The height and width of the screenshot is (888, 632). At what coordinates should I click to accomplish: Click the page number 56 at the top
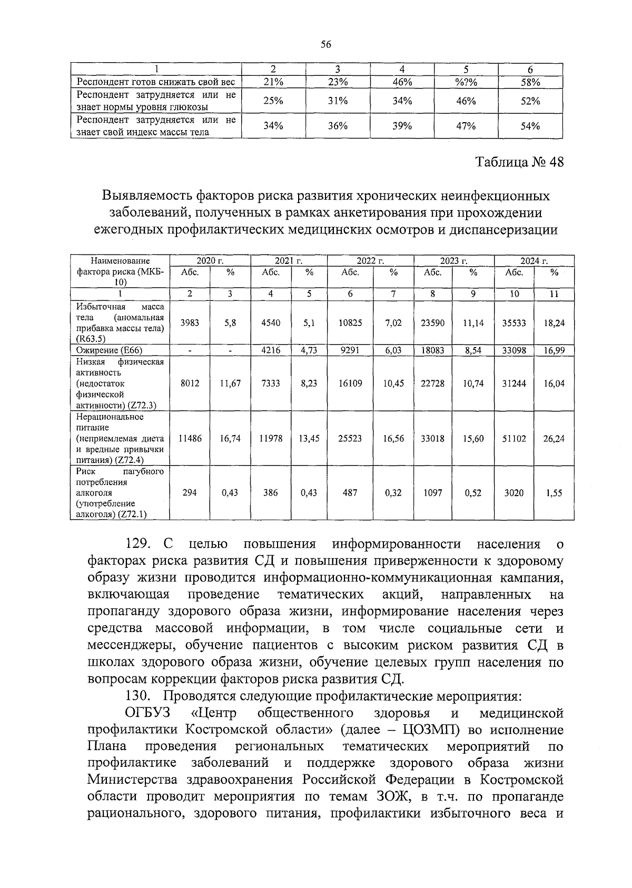pyautogui.click(x=325, y=45)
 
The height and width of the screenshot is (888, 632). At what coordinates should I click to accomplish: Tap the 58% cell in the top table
pyautogui.click(x=530, y=82)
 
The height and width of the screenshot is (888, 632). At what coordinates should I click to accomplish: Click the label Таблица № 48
pyautogui.click(x=519, y=162)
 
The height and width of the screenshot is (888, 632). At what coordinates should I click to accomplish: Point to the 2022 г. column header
pyautogui.click(x=370, y=261)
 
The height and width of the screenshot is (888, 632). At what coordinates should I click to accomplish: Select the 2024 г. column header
pyautogui.click(x=534, y=261)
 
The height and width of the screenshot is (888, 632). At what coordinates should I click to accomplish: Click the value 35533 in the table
pyautogui.click(x=513, y=323)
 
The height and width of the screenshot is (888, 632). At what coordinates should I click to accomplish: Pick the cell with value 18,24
pyautogui.click(x=554, y=323)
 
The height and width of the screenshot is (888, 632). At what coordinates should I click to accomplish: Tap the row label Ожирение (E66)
pyautogui.click(x=109, y=350)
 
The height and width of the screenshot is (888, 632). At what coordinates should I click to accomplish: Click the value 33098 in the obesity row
pyautogui.click(x=513, y=350)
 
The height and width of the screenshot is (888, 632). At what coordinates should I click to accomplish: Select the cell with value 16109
pyautogui.click(x=350, y=383)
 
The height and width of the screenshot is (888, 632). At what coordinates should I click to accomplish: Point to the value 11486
pyautogui.click(x=190, y=438)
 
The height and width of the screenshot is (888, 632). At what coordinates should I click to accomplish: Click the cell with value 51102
pyautogui.click(x=513, y=438)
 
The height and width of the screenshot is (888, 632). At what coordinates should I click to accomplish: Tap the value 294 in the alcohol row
pyautogui.click(x=189, y=493)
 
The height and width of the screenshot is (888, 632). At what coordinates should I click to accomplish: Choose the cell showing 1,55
pyautogui.click(x=554, y=493)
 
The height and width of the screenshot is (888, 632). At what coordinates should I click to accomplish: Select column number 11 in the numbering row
pyautogui.click(x=554, y=294)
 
